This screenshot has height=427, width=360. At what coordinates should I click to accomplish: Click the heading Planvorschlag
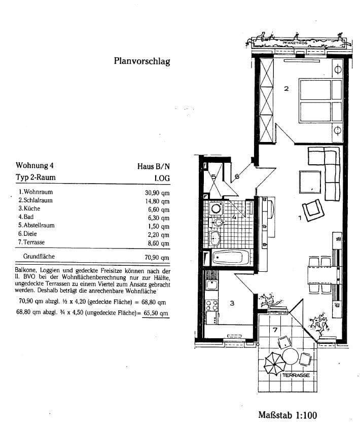141,62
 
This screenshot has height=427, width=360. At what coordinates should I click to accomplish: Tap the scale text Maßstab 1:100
287,415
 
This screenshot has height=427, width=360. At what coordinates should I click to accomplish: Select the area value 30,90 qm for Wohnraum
158,192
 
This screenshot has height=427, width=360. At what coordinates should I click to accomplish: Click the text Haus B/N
153,166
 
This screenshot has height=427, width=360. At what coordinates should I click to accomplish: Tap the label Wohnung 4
34,166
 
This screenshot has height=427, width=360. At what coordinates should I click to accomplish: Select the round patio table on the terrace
291,356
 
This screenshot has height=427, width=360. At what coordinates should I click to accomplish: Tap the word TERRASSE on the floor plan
297,375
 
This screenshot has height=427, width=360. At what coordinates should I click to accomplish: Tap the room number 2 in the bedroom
286,89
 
